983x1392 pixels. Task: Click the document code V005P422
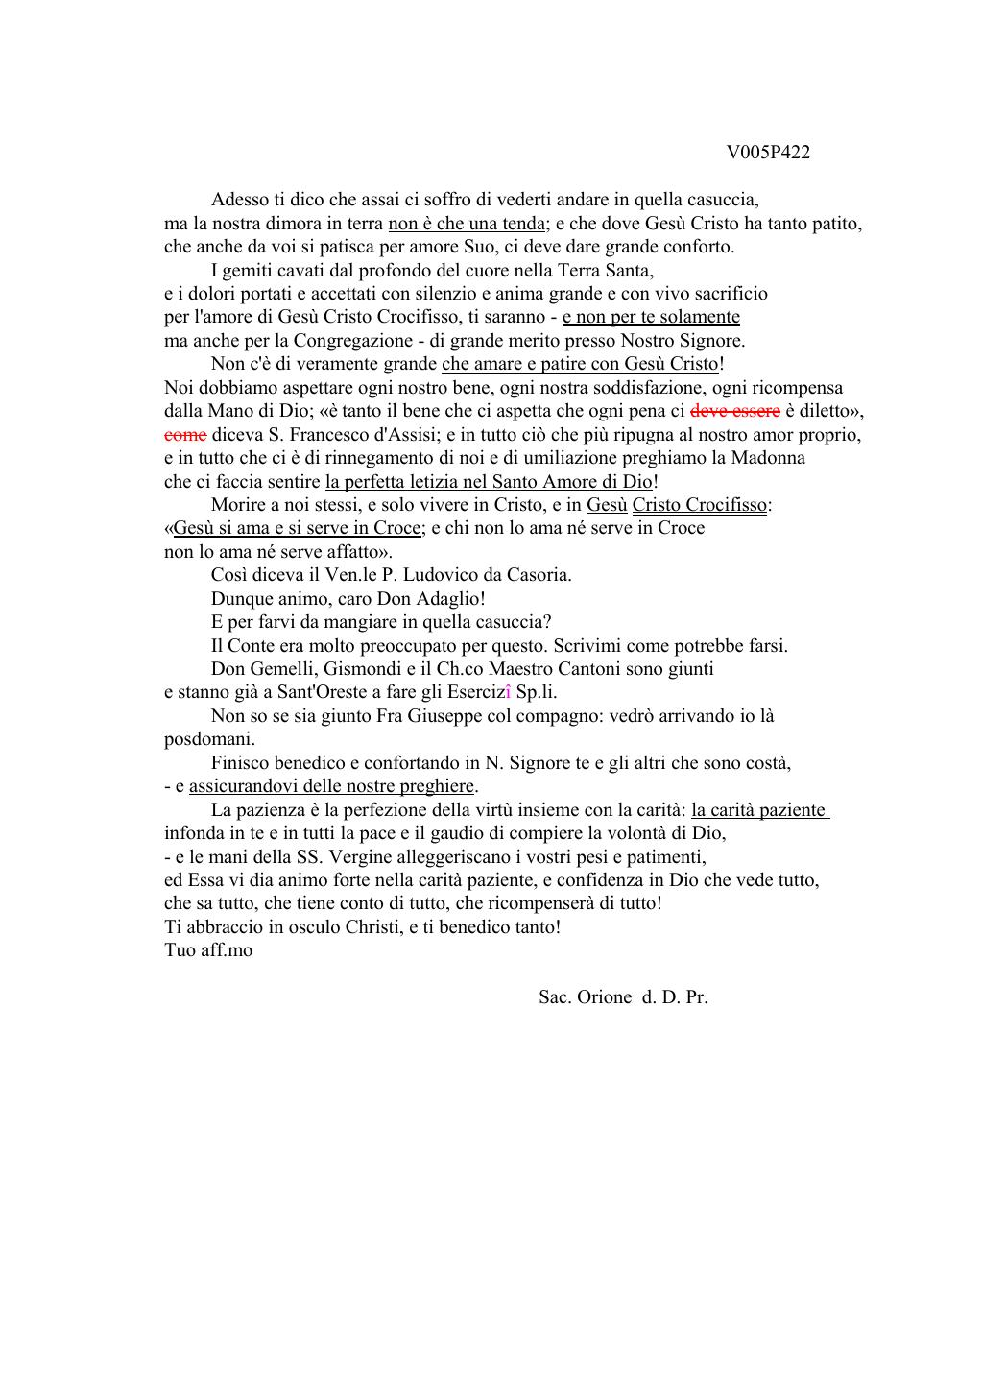click(768, 153)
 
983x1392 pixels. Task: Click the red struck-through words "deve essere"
click(735, 411)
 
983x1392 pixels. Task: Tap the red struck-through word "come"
click(185, 434)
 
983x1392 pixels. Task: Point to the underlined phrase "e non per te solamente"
click(651, 317)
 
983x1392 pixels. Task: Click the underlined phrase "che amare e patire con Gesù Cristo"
click(580, 364)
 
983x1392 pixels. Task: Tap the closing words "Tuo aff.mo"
click(208, 950)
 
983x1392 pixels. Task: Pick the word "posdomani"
click(208, 739)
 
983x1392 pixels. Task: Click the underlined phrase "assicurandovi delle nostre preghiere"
click(332, 786)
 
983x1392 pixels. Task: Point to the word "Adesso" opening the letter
click(240, 200)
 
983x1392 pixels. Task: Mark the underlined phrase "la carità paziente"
click(759, 809)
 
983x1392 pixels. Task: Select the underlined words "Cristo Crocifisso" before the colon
click(699, 505)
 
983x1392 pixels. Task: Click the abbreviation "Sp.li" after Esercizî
click(537, 692)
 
